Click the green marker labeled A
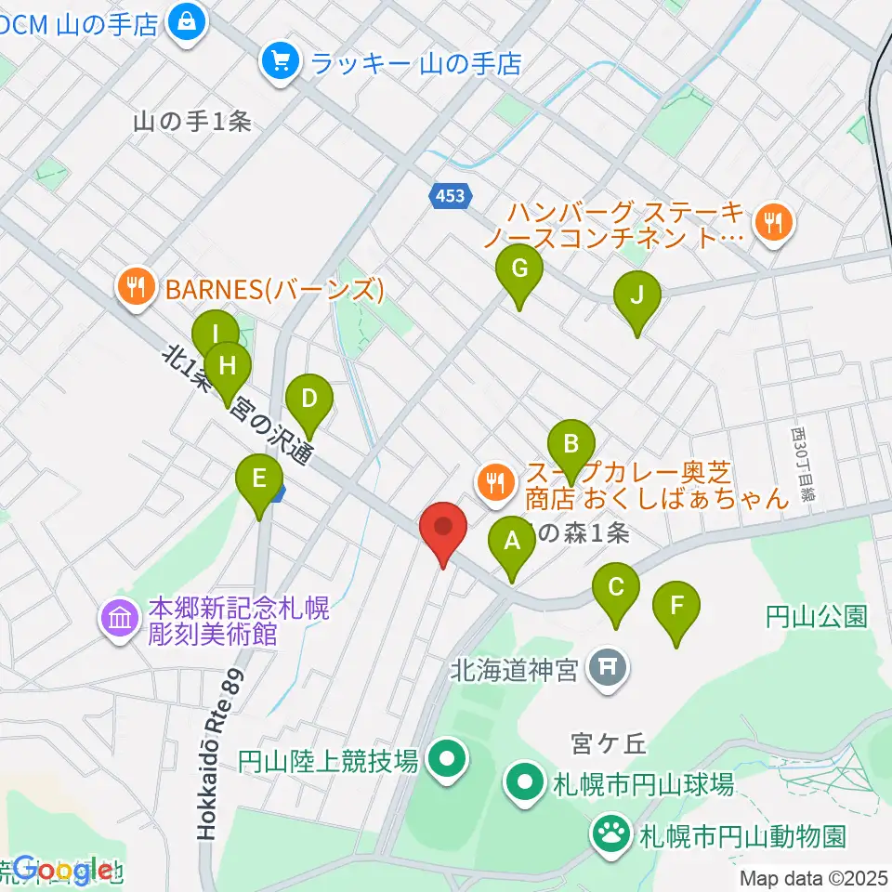[511, 542]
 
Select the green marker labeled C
[616, 588]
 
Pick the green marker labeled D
[309, 400]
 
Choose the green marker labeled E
[259, 479]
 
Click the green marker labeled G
[519, 269]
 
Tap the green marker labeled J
[636, 296]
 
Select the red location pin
[443, 529]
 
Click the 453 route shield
[452, 195]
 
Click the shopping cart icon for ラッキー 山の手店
[279, 62]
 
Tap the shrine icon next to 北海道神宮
[608, 667]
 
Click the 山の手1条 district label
[192, 122]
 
